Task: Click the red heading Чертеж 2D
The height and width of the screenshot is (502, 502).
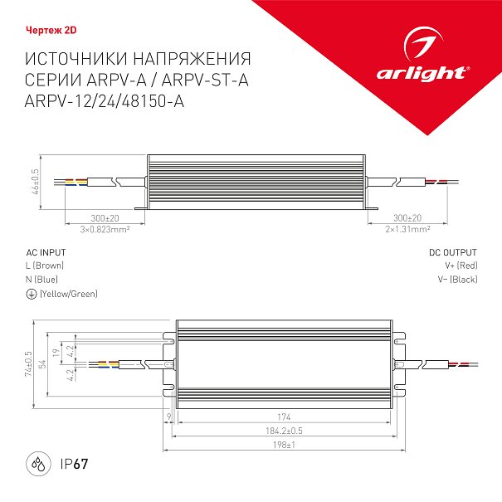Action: (x=51, y=31)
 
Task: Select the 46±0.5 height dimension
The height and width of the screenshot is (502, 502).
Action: (x=35, y=182)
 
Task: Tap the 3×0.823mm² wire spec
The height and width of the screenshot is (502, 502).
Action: (x=105, y=230)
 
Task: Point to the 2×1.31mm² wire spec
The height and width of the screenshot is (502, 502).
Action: (x=407, y=229)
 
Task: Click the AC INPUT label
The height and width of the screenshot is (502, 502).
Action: (x=46, y=252)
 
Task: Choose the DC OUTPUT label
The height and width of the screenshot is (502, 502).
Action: (x=453, y=252)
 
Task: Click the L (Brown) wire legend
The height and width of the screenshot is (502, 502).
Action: (x=45, y=266)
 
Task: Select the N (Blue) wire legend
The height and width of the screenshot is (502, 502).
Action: (x=42, y=280)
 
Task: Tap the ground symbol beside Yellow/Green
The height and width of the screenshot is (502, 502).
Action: (x=32, y=294)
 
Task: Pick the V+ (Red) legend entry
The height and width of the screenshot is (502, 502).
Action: (x=461, y=266)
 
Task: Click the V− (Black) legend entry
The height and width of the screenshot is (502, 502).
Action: (x=457, y=280)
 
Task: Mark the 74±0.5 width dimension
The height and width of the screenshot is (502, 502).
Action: (x=28, y=363)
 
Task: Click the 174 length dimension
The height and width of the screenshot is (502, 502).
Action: (x=284, y=417)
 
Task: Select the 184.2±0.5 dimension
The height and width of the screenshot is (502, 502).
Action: (x=284, y=431)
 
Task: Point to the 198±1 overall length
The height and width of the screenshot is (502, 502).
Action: (x=284, y=445)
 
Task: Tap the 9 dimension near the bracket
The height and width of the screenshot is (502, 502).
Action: (x=169, y=417)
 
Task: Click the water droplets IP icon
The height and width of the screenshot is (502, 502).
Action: (x=38, y=464)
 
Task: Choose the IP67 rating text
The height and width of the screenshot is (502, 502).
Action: (x=74, y=464)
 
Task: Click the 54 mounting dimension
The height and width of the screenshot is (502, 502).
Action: (x=42, y=364)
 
